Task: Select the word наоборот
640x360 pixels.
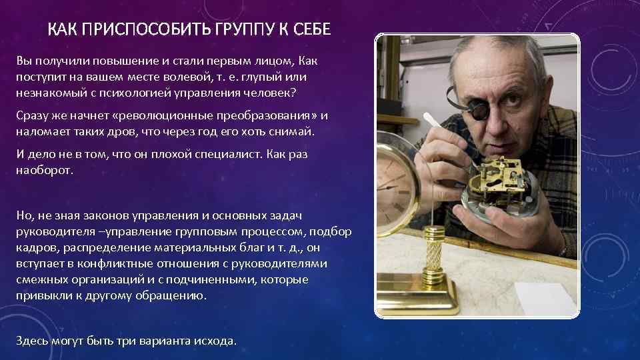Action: tap(45, 170)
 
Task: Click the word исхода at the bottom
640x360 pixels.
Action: tap(214, 340)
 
